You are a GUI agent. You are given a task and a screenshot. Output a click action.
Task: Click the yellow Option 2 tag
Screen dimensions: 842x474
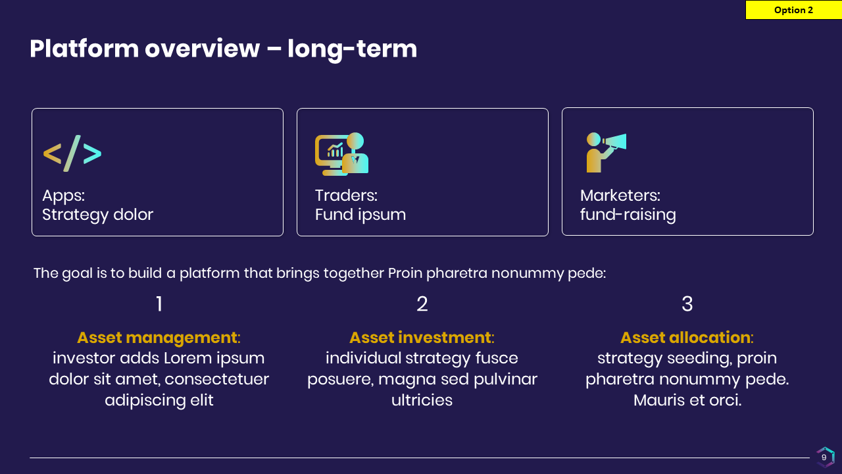pyautogui.click(x=793, y=10)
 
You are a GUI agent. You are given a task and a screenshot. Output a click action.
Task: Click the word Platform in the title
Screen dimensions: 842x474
pyautogui.click(x=84, y=49)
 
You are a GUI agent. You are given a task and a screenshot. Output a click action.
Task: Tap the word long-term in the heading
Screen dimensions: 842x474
pyautogui.click(x=352, y=49)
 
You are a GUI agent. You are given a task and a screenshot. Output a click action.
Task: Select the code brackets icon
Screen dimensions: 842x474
pyautogui.click(x=72, y=153)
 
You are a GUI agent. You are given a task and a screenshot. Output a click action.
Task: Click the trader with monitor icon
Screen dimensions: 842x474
pyautogui.click(x=341, y=154)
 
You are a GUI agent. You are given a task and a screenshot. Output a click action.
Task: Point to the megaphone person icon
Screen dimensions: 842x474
pyautogui.click(x=607, y=152)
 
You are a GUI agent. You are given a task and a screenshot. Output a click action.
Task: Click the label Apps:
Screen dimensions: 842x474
pyautogui.click(x=64, y=196)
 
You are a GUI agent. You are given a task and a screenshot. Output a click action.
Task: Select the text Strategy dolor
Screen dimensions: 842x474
pyautogui.click(x=98, y=215)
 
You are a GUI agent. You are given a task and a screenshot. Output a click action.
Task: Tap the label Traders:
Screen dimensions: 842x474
pyautogui.click(x=346, y=196)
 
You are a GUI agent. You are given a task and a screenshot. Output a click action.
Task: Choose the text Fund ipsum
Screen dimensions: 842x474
pyautogui.click(x=360, y=215)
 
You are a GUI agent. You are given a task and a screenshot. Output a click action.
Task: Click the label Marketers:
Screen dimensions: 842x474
pyautogui.click(x=620, y=196)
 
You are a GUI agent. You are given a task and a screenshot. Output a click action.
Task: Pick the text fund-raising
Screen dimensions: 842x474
pyautogui.click(x=628, y=215)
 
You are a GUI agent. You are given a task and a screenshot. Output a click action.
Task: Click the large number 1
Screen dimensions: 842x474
pyautogui.click(x=159, y=303)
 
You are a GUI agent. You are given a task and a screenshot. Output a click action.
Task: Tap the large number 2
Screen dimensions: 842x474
pyautogui.click(x=422, y=303)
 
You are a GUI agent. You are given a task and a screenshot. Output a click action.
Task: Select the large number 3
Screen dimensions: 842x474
pyautogui.click(x=687, y=303)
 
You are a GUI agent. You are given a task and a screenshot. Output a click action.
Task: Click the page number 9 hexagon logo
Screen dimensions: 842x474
pyautogui.click(x=825, y=457)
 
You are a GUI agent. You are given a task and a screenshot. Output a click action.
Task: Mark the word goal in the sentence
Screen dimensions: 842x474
pyautogui.click(x=78, y=273)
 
